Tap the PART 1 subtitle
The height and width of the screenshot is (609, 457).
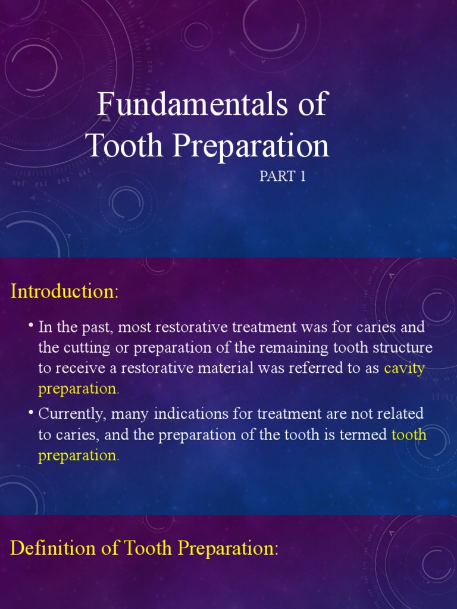coord(283,177)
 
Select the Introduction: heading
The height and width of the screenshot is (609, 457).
coord(65,292)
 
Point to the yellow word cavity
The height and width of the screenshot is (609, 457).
coord(404,368)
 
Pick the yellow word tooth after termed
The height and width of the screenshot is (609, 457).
coord(409,435)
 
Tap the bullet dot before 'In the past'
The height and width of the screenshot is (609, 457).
coord(30,326)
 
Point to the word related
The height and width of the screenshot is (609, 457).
coord(400,413)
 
